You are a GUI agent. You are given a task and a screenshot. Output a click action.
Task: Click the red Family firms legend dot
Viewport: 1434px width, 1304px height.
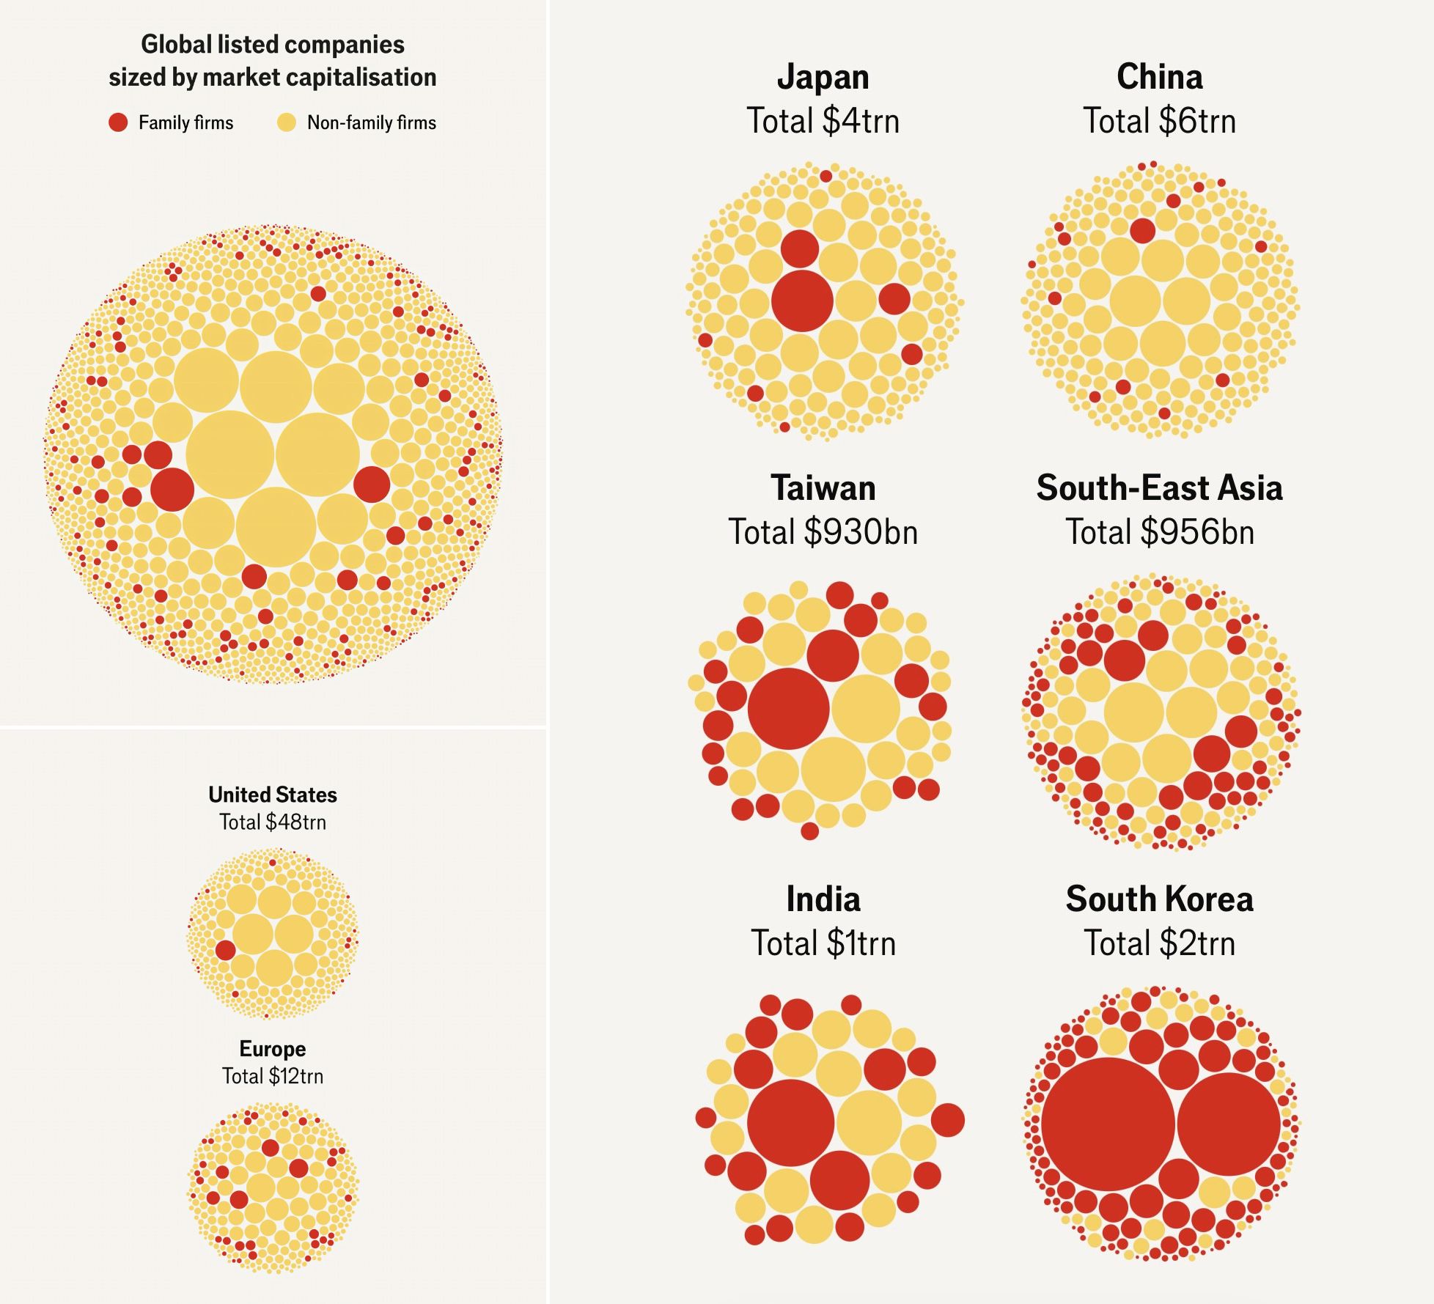click(118, 122)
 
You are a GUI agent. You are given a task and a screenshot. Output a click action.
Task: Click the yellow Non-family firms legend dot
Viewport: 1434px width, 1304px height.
click(287, 122)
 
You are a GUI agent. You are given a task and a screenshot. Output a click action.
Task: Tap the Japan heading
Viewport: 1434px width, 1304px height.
click(823, 77)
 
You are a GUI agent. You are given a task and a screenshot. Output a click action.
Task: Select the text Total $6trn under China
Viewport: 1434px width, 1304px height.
click(1159, 121)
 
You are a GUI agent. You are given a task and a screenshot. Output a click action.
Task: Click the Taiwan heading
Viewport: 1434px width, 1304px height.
click(823, 488)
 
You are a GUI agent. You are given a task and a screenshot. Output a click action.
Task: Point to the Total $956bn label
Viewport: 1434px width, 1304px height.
click(1159, 532)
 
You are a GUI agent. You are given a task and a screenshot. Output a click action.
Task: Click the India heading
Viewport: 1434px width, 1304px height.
click(823, 899)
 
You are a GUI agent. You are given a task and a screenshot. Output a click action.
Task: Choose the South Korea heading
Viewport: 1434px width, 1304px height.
click(1159, 899)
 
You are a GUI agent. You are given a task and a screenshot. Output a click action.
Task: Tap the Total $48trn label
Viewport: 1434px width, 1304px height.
click(273, 822)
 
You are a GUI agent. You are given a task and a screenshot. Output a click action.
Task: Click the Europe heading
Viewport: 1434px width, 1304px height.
click(273, 1049)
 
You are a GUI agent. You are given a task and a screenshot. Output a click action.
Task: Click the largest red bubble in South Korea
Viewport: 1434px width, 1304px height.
click(1108, 1124)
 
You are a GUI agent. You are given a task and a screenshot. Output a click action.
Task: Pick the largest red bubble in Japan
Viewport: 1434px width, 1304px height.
click(802, 301)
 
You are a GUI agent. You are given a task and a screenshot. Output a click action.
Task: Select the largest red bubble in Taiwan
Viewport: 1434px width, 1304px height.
click(788, 708)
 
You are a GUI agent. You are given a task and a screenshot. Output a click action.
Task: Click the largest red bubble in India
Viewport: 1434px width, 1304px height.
click(790, 1122)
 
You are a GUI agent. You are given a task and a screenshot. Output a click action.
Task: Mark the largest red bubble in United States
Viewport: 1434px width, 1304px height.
click(225, 950)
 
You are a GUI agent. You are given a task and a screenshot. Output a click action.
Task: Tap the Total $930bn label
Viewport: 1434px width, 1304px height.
click(823, 532)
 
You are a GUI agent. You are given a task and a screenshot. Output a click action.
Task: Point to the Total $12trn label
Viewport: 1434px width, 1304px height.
click(273, 1076)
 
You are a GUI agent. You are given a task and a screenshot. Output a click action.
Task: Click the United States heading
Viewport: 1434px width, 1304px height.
click(273, 795)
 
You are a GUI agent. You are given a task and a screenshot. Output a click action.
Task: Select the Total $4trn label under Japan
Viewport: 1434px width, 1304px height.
click(823, 121)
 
